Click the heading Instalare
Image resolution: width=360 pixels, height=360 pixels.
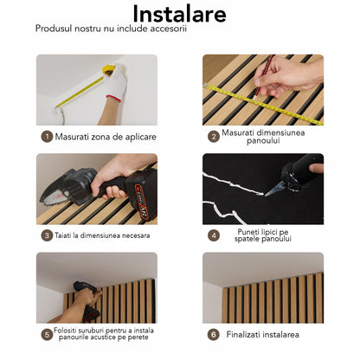[x=180, y=15]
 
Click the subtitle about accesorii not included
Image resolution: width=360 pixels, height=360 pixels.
[x=112, y=29]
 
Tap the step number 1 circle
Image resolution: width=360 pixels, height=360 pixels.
[x=47, y=136]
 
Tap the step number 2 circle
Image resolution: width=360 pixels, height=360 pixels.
[x=213, y=136]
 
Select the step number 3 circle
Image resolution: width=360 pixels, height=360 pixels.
[x=47, y=235]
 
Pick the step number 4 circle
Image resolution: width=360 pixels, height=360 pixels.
[x=214, y=235]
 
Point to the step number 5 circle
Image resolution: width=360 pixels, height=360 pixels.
[x=47, y=334]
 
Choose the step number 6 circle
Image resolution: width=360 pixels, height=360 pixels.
[x=213, y=334]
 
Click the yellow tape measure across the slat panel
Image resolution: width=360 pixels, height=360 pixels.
[x=260, y=102]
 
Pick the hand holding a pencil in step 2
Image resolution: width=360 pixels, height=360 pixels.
[x=290, y=76]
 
